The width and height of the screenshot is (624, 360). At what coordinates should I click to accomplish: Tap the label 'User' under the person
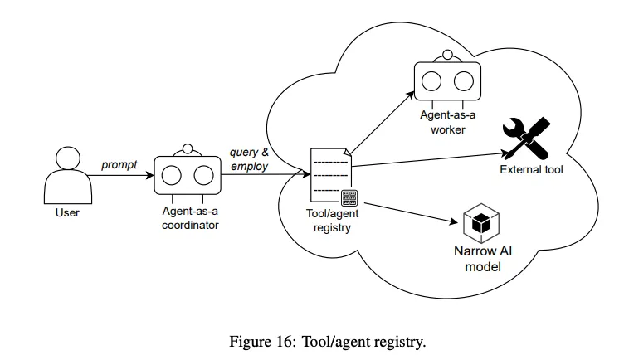click(67, 213)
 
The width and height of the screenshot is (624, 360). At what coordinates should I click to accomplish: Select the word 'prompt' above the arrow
click(119, 165)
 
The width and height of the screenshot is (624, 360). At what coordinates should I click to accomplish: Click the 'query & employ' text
click(249, 159)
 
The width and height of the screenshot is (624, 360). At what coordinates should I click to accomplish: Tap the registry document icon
click(330, 174)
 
